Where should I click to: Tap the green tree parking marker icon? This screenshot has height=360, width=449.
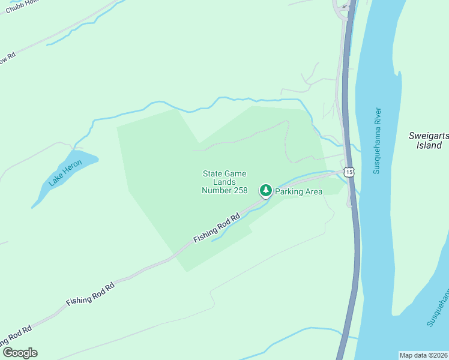[265, 190]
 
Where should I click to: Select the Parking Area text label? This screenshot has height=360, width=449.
[299, 192]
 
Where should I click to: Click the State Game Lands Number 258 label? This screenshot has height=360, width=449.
[224, 182]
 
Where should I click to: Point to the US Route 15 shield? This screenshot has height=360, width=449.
[349, 172]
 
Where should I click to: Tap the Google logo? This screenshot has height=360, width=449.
[20, 353]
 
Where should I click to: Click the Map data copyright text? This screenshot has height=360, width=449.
[423, 355]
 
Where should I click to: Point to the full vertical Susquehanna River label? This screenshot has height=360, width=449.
[377, 141]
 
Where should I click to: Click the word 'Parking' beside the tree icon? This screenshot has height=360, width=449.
[288, 192]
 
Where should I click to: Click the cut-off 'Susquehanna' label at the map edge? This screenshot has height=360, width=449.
[438, 307]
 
